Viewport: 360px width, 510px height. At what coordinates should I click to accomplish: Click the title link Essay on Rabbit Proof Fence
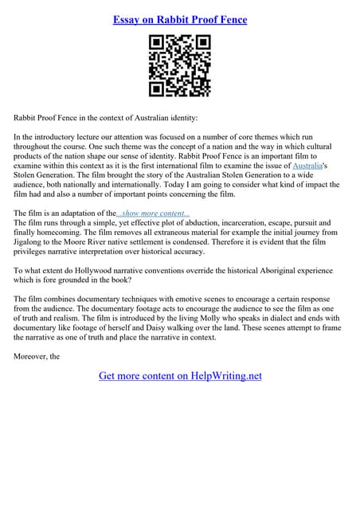pos(180,19)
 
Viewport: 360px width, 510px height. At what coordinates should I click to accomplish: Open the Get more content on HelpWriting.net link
pos(180,375)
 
